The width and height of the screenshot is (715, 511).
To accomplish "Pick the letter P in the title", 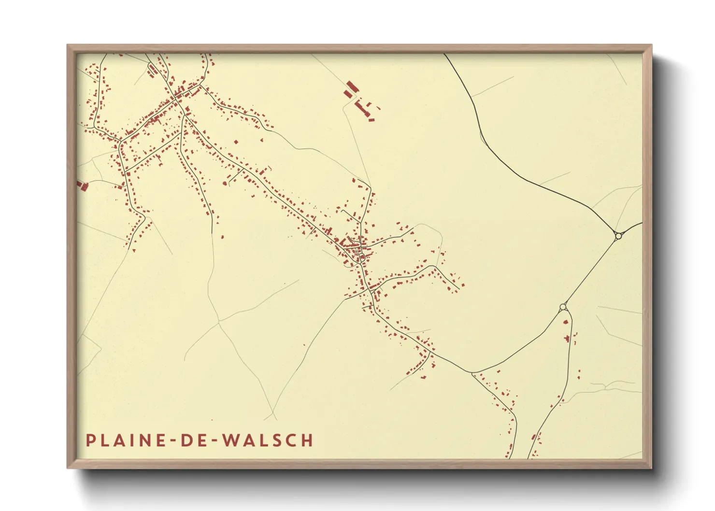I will coord(90,440).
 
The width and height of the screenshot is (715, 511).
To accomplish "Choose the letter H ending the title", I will coord(307,440).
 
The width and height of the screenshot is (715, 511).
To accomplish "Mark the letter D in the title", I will coord(186,440).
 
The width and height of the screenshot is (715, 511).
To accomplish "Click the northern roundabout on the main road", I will coord(618,236).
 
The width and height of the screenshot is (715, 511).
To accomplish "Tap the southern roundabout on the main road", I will coord(563,307).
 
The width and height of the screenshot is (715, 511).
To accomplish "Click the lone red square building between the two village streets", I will coord(236,142).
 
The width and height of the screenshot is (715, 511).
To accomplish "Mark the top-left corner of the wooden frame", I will coord(68,45).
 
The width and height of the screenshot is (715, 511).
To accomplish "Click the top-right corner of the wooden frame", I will coord(651,45).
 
